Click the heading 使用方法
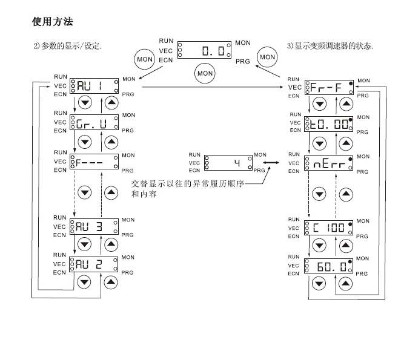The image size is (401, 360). (52, 22)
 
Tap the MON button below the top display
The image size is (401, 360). (205, 73)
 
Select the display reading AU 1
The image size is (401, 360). (94, 86)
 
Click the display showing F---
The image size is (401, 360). (94, 162)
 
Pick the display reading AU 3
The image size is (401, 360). (94, 226)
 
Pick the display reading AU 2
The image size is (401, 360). (94, 264)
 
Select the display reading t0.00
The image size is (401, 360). (330, 126)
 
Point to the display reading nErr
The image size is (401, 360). (330, 164)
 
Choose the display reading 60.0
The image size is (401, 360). (330, 266)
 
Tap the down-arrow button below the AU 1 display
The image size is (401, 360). (85, 102)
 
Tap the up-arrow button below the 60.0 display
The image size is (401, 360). (346, 283)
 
